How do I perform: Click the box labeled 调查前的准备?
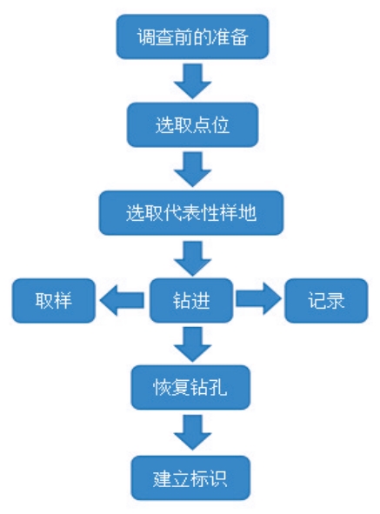coord(192,37)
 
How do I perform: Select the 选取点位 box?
coord(192,124)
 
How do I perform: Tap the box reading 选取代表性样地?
coord(191,213)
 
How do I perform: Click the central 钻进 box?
coord(191,300)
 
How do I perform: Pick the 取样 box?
coord(53,300)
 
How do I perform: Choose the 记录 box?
coord(326,300)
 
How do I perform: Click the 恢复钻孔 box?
coord(190,387)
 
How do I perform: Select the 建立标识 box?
coord(190,478)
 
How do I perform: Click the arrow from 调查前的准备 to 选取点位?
coord(192,81)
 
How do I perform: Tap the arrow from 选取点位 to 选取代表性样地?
coord(192,169)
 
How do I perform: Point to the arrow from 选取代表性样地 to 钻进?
coord(192,258)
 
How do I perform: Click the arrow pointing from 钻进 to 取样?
coord(122,300)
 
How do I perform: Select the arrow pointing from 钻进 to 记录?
coord(258,299)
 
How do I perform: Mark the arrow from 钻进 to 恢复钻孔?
coord(192,344)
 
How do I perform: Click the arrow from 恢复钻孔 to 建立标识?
coord(192,433)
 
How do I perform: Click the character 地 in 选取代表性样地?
coord(248,213)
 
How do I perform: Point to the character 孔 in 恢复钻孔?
coord(218,388)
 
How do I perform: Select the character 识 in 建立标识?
coord(218,478)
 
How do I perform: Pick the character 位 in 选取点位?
coord(220,125)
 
